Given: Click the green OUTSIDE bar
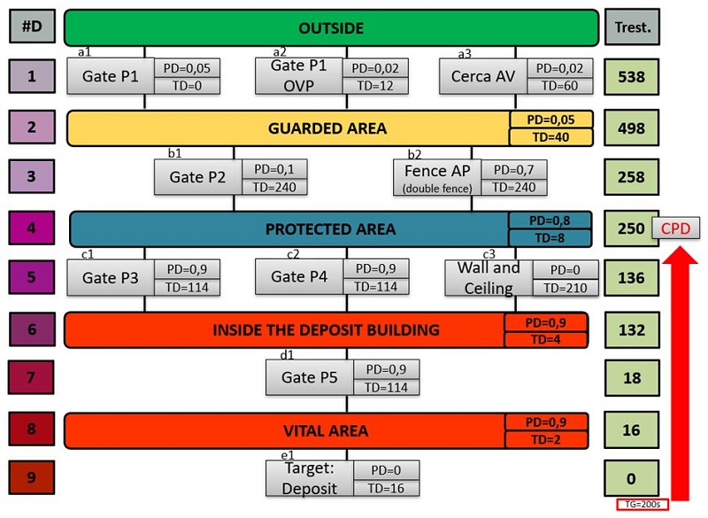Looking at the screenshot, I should coord(331,27).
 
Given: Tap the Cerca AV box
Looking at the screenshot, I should coord(482,76).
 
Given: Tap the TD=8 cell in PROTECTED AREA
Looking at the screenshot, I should coord(549,237).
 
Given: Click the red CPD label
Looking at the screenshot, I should coord(676,228).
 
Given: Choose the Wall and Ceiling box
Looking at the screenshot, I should coord(489,277).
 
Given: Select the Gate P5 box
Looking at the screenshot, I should coord(310,377).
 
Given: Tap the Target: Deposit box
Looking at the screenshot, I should coord(310,478).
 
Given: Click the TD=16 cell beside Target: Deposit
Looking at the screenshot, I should coord(386,488).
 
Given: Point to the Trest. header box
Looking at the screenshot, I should coord(633,27).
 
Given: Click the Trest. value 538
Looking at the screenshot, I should coord(632,76).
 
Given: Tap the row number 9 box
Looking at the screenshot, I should coord(31,478).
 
